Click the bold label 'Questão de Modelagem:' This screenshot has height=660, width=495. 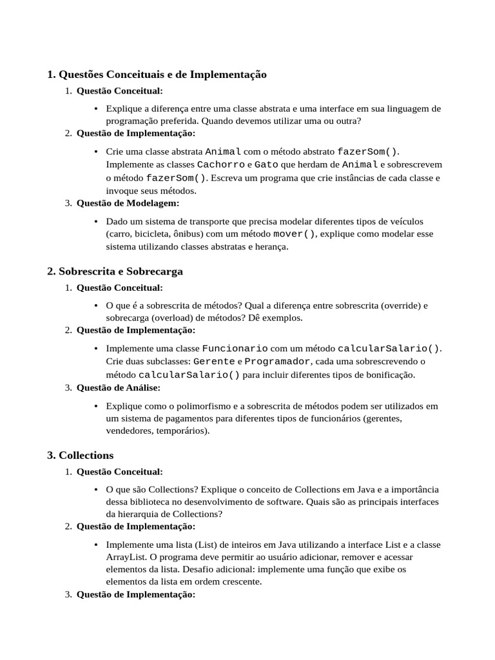coord(128,204)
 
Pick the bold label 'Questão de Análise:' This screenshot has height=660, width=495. coord(118,388)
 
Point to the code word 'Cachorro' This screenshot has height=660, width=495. coord(220,165)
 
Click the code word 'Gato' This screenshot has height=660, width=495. coord(266,165)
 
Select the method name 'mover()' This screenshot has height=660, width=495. coord(295,234)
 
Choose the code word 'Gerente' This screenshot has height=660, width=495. coord(214,362)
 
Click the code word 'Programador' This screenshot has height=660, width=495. coord(278,362)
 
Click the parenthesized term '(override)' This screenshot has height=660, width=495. coord(398,305)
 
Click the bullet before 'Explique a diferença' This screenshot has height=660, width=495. coord(96,109)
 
